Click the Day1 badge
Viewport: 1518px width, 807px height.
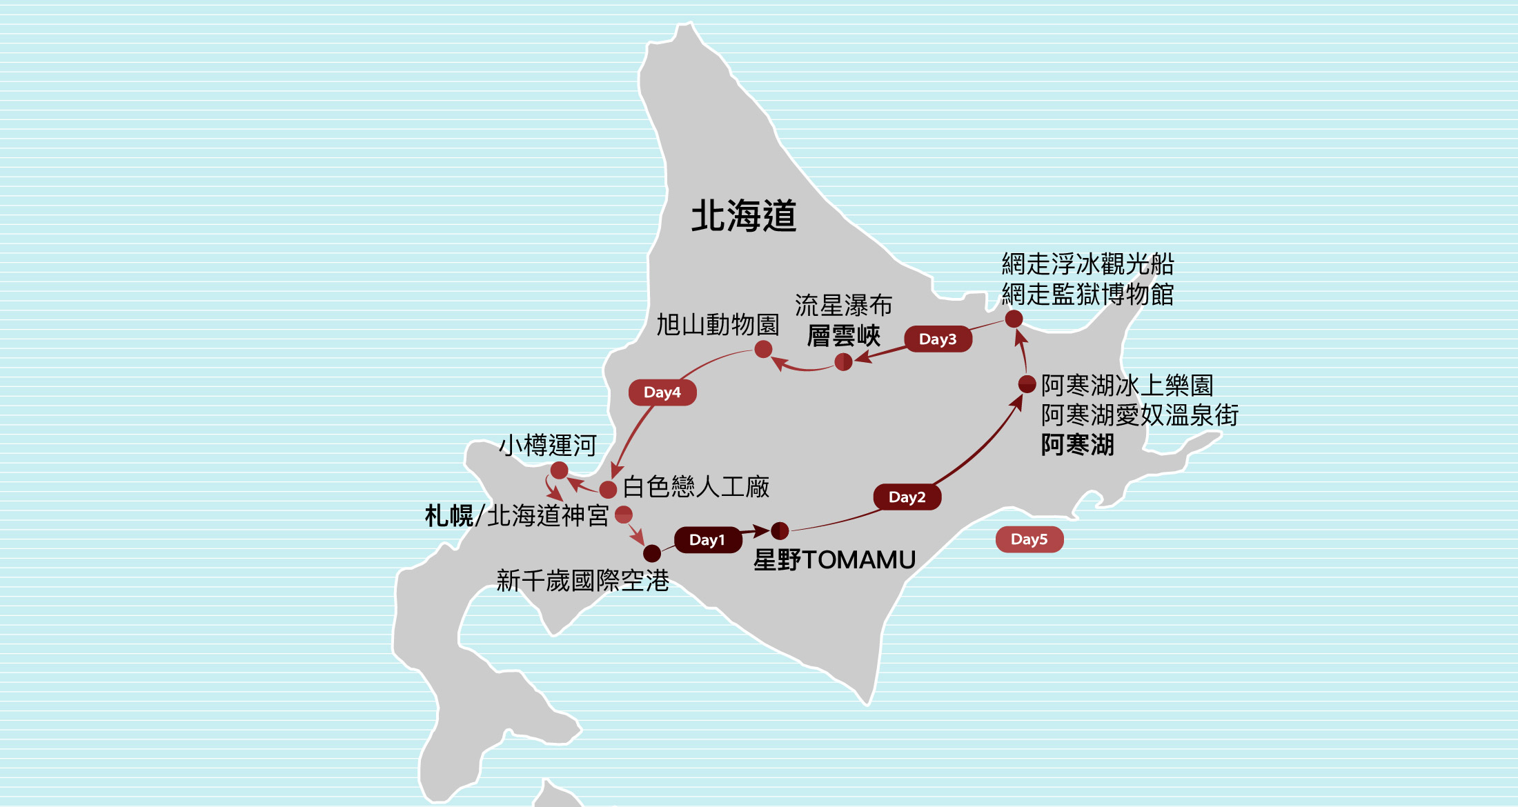(x=707, y=539)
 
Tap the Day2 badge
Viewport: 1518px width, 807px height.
(x=907, y=497)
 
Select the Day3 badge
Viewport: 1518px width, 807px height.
(x=938, y=339)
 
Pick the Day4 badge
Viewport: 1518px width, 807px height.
(x=662, y=392)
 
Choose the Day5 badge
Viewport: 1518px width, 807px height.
(x=1029, y=539)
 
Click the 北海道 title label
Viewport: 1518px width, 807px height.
(x=744, y=216)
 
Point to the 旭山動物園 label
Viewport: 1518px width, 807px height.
(x=717, y=324)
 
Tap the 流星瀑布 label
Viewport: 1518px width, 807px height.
(x=843, y=305)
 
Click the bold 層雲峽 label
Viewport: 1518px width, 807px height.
(x=843, y=336)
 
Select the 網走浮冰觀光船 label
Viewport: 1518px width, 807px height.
(x=1087, y=263)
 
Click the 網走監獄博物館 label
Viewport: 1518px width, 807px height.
(x=1087, y=294)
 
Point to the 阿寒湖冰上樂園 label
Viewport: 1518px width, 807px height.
(x=1127, y=385)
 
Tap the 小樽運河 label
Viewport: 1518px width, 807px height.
(x=547, y=445)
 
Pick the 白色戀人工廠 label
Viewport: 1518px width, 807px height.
(x=696, y=487)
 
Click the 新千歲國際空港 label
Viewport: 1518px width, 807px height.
(x=582, y=581)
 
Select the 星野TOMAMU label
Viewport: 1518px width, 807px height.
(x=834, y=559)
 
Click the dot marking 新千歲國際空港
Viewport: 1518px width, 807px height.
(x=652, y=553)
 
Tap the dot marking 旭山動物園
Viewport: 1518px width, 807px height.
(x=763, y=350)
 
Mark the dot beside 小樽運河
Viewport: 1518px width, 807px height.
(x=559, y=470)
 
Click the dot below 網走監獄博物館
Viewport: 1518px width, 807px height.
(x=1014, y=319)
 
